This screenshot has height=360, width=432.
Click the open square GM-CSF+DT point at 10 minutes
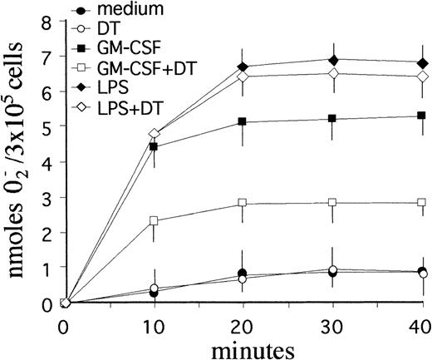pos(154,220)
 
